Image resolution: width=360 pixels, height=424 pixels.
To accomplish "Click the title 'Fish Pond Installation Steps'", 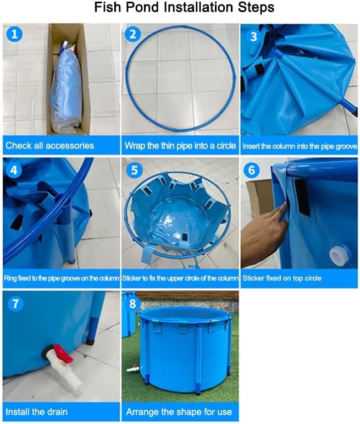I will [184, 8].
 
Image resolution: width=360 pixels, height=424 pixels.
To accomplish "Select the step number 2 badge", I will [132, 35].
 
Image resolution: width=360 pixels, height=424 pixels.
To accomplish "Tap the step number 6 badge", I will [252, 170].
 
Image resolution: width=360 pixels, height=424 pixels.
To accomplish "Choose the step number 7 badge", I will [16, 303].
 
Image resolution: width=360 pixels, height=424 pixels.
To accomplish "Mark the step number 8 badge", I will [132, 303].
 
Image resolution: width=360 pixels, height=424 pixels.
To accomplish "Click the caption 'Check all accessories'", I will [49, 146].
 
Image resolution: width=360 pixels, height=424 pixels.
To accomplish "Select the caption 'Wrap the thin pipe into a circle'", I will [180, 146].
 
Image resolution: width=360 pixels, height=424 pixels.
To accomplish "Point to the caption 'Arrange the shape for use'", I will [179, 411].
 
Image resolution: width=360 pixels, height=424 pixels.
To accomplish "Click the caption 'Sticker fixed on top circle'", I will [281, 278].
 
